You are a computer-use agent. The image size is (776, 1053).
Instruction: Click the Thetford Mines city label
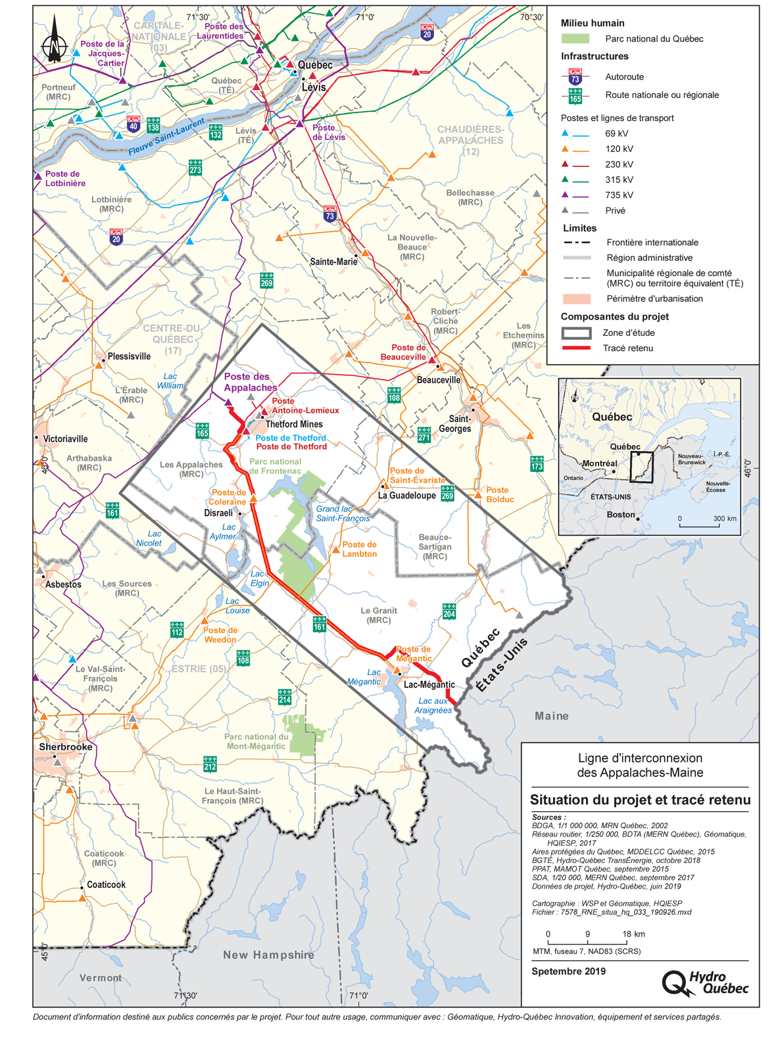pyautogui.click(x=294, y=424)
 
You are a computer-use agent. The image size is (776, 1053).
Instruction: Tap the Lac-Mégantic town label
pyautogui.click(x=429, y=684)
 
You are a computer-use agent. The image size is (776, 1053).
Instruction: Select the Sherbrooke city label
pyautogui.click(x=65, y=747)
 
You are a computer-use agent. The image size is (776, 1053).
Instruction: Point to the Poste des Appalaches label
pyautogui.click(x=250, y=382)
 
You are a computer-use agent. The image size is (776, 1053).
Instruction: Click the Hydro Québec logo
pyautogui.click(x=706, y=983)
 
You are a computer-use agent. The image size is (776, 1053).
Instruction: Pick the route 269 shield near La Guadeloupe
pyautogui.click(x=448, y=493)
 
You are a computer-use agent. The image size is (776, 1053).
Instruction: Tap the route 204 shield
pyautogui.click(x=449, y=611)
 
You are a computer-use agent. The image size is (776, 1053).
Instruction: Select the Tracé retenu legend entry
pyautogui.click(x=627, y=348)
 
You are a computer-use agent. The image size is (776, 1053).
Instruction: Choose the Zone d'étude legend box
pyautogui.click(x=576, y=333)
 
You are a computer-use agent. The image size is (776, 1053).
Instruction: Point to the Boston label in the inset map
pyautogui.click(x=621, y=515)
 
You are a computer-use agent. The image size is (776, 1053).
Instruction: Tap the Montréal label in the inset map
pyautogui.click(x=600, y=463)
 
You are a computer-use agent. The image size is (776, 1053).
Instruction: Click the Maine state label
pyautogui.click(x=551, y=716)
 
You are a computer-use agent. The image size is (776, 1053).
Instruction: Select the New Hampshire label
pyautogui.click(x=268, y=954)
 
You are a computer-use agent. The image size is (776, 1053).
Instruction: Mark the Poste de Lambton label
pyautogui.click(x=359, y=549)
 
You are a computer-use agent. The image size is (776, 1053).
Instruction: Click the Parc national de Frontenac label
pyautogui.click(x=275, y=466)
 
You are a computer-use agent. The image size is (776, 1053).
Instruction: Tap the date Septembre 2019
pyautogui.click(x=568, y=971)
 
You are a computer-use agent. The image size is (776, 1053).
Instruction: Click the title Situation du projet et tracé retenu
pyautogui.click(x=640, y=800)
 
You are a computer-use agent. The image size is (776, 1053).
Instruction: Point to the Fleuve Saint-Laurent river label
pyautogui.click(x=166, y=137)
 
